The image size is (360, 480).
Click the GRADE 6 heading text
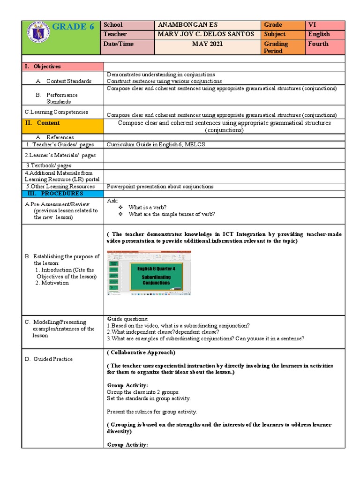[73, 27]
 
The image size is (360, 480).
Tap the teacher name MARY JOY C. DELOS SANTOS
[206, 34]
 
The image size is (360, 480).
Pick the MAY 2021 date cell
[207, 44]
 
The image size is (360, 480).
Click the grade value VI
[312, 25]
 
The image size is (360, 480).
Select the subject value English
[319, 34]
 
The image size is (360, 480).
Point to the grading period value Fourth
[318, 44]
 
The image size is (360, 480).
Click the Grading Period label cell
[276, 47]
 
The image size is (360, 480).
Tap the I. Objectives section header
[43, 67]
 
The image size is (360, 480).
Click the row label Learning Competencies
[56, 112]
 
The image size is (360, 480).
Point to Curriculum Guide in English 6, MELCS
[156, 144]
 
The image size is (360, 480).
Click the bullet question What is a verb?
[147, 207]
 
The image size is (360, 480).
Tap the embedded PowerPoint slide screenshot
[149, 273]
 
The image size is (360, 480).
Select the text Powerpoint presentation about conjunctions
[160, 187]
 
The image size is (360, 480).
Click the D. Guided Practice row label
[49, 359]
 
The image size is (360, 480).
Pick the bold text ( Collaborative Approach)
[141, 352]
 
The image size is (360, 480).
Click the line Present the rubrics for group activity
[152, 412]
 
